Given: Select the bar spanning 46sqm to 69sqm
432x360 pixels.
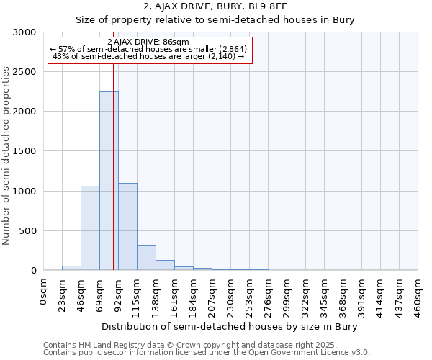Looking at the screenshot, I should point(90,228).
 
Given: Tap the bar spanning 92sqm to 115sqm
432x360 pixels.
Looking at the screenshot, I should point(127,226).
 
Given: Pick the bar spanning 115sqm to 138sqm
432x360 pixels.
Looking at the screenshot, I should point(146,257).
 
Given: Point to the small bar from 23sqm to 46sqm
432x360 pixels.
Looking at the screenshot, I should point(71,268).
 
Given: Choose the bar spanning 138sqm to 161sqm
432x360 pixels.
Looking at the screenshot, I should point(165,265).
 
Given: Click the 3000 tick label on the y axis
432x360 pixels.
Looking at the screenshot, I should point(24,32).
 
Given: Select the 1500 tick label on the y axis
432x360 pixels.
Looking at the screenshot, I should point(24,151).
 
